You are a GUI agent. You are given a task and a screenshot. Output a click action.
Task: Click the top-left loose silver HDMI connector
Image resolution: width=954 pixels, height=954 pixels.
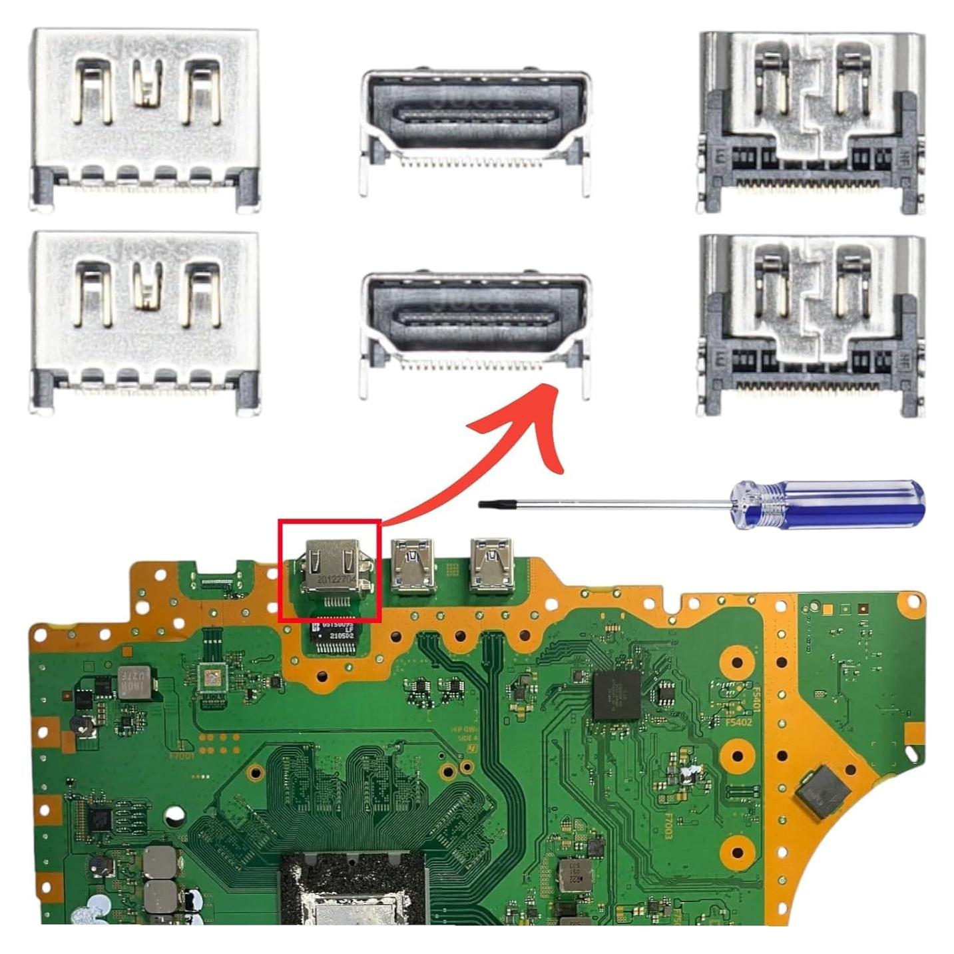point(145,120)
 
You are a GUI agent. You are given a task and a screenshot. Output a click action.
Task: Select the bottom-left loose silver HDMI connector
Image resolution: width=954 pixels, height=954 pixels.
point(145,322)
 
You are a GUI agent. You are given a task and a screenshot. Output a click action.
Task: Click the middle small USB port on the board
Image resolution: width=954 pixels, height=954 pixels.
point(414,566)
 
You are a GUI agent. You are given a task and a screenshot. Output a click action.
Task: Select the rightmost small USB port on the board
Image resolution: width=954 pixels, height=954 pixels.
point(492,565)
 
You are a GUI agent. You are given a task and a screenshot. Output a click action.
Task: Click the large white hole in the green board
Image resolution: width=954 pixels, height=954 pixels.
point(175,815)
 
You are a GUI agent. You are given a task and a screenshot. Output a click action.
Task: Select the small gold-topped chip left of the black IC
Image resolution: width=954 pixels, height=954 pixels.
point(212,679)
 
